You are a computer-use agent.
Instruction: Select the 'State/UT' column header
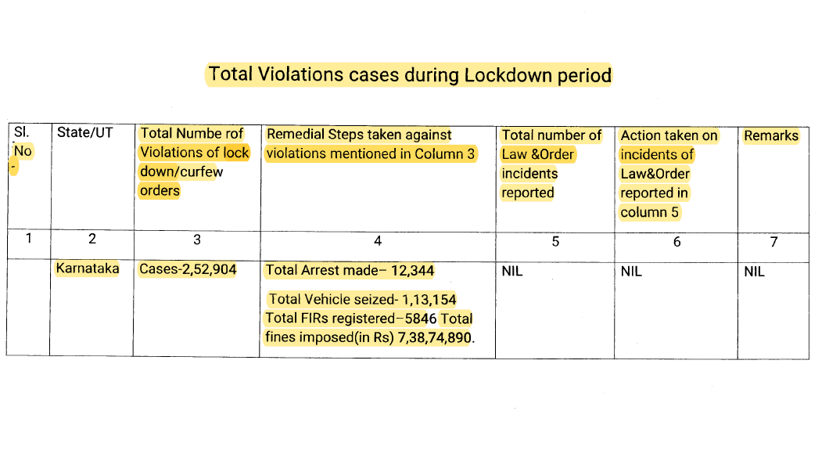tap(84, 133)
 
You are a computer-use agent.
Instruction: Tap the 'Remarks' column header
tap(770, 135)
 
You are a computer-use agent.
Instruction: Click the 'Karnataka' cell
tap(87, 268)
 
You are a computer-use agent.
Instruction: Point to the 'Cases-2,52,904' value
tap(188, 269)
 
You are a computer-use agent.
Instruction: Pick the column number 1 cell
tap(28, 239)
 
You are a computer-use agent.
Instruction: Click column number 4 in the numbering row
tap(377, 241)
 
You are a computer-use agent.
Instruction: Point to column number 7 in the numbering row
tap(773, 242)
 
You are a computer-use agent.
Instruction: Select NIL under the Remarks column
tap(755, 272)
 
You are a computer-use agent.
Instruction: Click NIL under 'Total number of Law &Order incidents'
tap(511, 272)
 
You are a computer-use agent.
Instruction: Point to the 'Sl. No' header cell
tap(23, 142)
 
